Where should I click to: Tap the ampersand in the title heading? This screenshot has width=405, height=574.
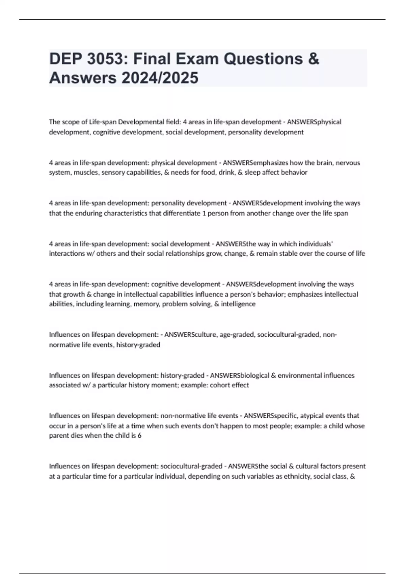[314, 59]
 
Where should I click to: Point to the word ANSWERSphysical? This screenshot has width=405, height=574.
[314, 122]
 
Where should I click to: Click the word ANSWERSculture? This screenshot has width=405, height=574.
[190, 335]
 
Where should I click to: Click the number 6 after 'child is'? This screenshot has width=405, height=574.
[139, 436]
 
